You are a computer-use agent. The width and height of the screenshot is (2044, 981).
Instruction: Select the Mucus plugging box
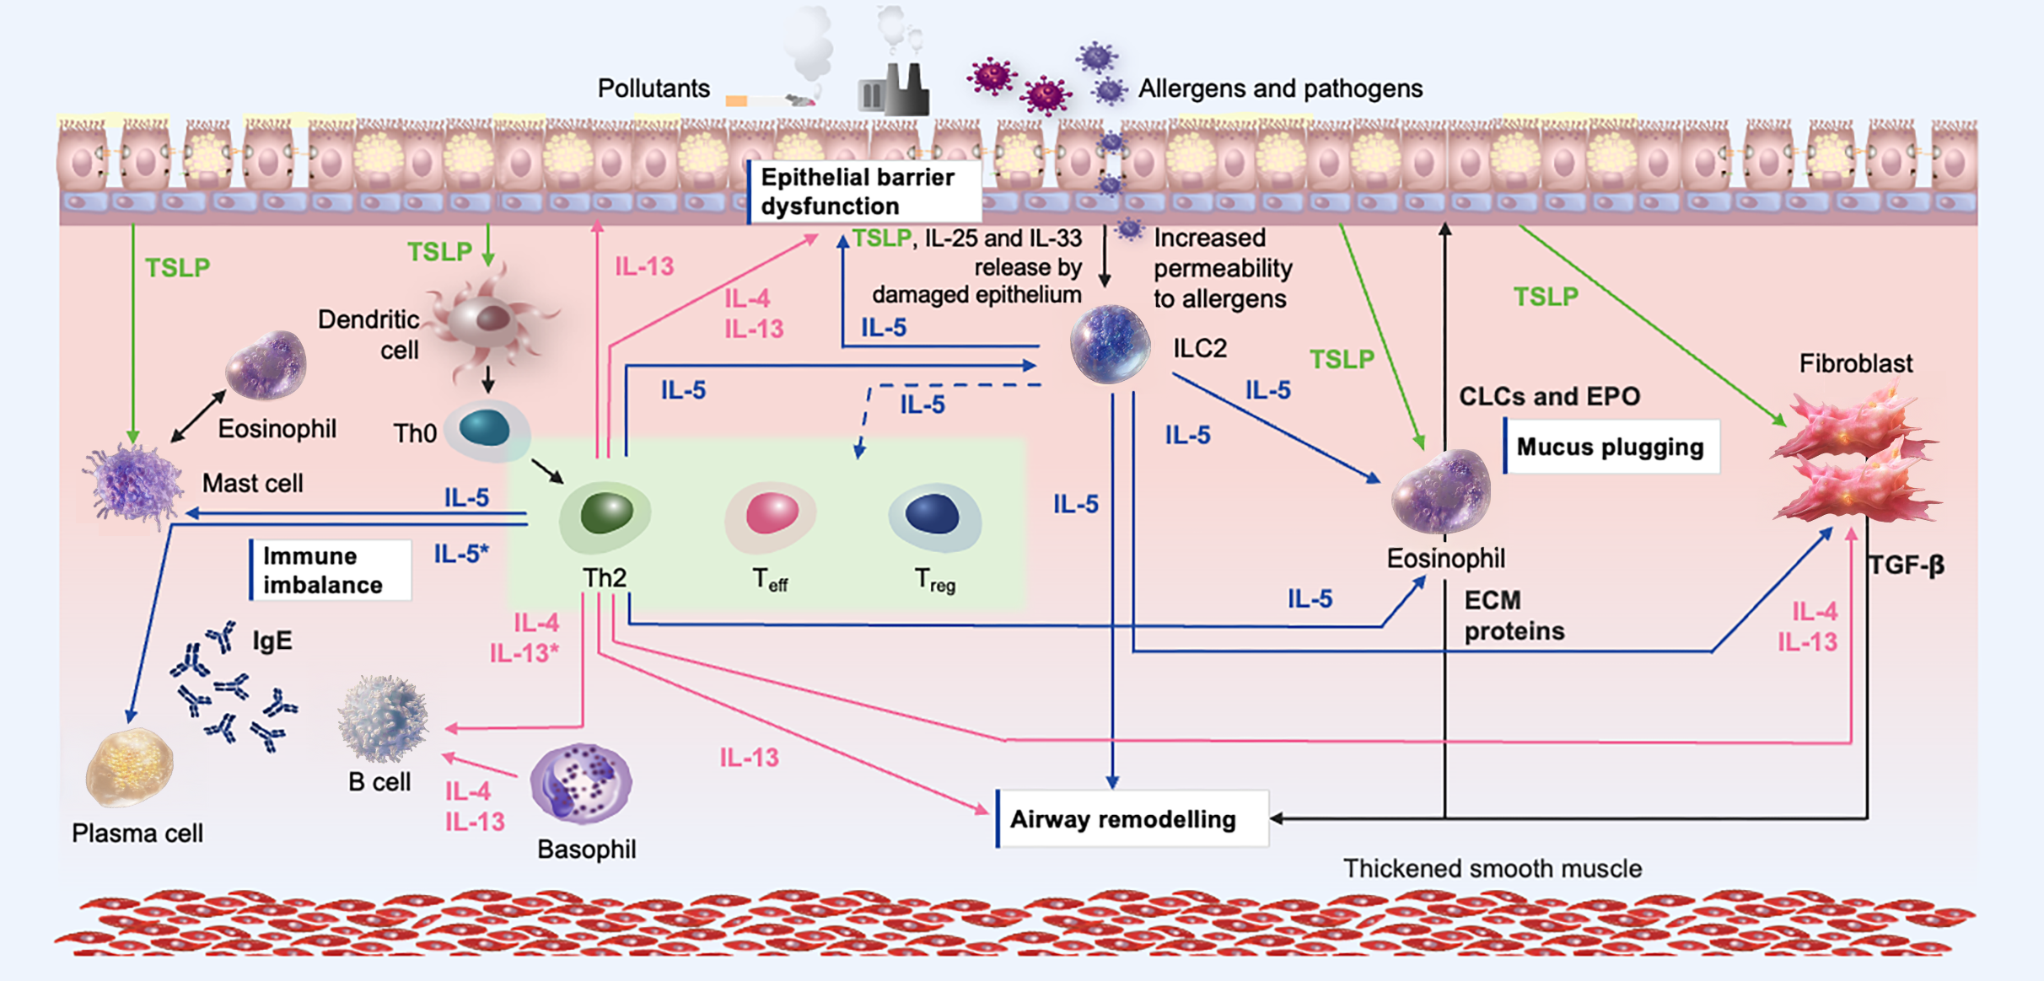click(x=1611, y=447)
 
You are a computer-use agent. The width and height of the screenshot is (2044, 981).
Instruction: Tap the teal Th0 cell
click(x=487, y=429)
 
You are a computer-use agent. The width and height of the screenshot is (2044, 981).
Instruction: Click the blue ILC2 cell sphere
click(x=1110, y=344)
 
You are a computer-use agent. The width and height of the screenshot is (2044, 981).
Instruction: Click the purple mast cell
click(x=133, y=485)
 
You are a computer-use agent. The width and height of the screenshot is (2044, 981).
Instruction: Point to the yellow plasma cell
click(x=129, y=767)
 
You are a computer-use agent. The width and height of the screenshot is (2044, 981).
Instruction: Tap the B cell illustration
click(x=384, y=718)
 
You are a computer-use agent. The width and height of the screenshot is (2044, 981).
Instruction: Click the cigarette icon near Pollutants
click(x=769, y=100)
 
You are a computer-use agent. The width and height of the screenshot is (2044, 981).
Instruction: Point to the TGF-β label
click(x=1907, y=565)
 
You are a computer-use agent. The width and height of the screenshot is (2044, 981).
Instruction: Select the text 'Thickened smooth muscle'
click(x=1492, y=868)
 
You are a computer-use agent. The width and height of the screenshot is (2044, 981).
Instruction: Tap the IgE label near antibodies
click(x=272, y=641)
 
